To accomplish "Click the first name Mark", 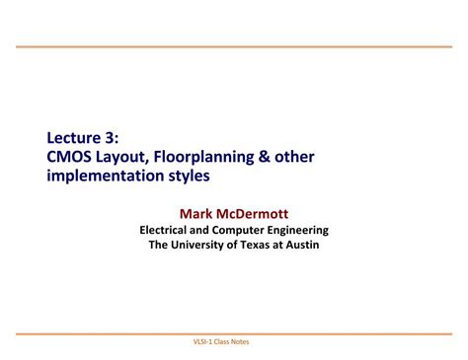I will click(x=197, y=212).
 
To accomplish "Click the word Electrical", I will click(x=168, y=230).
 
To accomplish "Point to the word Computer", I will click(x=248, y=230).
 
